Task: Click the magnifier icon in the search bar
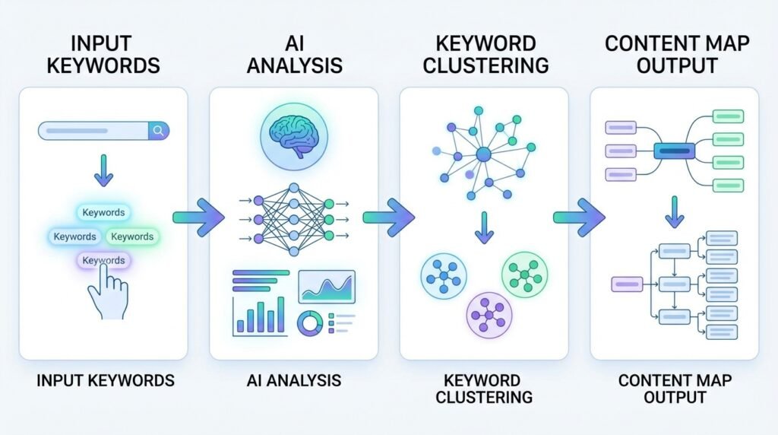[x=158, y=131]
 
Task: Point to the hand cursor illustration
[x=106, y=292]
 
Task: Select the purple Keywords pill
[x=103, y=261]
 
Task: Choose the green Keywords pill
[x=132, y=237]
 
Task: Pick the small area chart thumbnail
[x=326, y=286]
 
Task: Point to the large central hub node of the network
[x=484, y=155]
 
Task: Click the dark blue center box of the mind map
[x=675, y=151]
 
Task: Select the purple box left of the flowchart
[x=628, y=284]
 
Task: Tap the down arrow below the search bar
[x=104, y=175]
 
